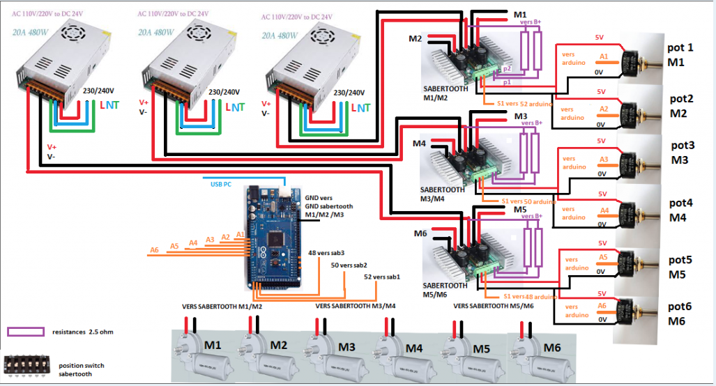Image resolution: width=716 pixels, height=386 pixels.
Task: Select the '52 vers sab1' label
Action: click(x=382, y=277)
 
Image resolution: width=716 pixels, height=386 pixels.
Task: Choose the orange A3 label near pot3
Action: click(x=604, y=160)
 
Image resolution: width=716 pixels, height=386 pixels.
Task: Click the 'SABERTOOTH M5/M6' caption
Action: click(x=444, y=289)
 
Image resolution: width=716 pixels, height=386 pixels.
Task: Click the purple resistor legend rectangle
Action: click(x=23, y=332)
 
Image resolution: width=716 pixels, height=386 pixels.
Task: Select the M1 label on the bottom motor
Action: click(x=213, y=346)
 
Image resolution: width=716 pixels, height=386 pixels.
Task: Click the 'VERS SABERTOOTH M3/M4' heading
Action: click(x=355, y=305)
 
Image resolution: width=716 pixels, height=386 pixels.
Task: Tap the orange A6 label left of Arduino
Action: click(x=154, y=249)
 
